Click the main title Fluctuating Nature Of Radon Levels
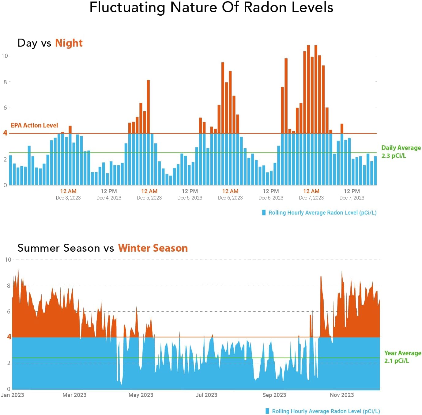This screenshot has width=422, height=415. click(211, 7)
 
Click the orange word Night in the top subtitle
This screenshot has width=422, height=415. click(69, 43)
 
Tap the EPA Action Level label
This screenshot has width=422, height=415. click(34, 125)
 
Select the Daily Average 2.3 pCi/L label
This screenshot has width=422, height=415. click(401, 152)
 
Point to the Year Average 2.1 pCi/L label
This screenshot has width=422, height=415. click(402, 357)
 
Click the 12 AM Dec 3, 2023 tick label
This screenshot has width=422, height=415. click(68, 194)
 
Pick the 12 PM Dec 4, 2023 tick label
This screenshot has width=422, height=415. click(109, 194)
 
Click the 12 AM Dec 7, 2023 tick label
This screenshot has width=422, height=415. click(311, 194)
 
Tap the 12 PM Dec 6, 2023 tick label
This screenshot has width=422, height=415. click(271, 194)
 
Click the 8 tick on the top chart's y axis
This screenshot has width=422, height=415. click(5, 82)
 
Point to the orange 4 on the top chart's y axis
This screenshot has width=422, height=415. click(5, 133)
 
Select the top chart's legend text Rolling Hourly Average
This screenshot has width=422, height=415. click(322, 213)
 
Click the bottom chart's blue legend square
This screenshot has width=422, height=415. click(267, 411)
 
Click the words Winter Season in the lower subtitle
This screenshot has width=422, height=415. click(153, 248)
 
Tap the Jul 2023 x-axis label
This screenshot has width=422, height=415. click(206, 395)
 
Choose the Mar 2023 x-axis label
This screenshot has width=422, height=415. click(74, 395)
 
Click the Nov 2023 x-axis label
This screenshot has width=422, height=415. click(342, 395)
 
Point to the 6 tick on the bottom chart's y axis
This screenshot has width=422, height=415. click(9, 311)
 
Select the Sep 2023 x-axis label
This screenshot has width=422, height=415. click(274, 395)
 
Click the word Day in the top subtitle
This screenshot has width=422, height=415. click(27, 43)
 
